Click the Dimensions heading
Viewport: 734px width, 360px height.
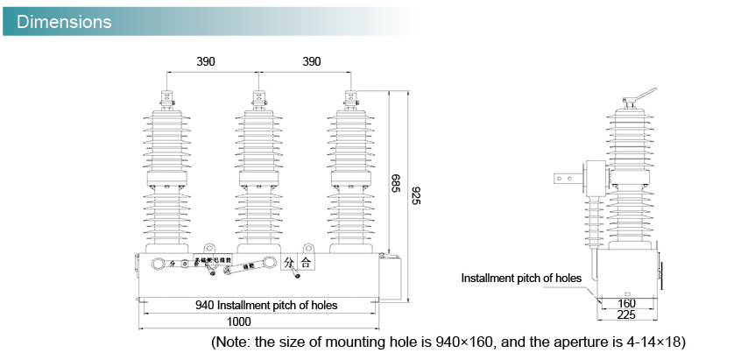click(64, 21)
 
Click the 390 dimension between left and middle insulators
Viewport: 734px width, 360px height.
click(204, 62)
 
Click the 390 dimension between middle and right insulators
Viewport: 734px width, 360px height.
click(312, 62)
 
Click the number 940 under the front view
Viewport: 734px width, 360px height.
click(205, 306)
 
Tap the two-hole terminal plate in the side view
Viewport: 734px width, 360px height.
click(565, 178)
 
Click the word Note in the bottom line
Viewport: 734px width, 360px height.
click(236, 341)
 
